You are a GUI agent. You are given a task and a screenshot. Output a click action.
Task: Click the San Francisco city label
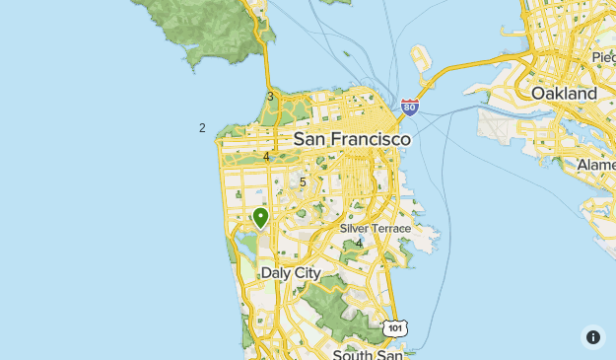[352, 140]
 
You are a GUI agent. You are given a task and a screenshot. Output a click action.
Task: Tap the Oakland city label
[564, 93]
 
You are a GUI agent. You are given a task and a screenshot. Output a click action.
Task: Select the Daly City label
[291, 272]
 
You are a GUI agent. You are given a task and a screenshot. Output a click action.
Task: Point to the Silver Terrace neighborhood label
[375, 228]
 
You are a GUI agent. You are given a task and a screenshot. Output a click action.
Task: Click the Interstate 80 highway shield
[410, 107]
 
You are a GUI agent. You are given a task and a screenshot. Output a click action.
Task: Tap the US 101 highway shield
[394, 327]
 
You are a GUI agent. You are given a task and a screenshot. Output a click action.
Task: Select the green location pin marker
[261, 217]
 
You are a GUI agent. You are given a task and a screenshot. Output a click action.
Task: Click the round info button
[592, 337]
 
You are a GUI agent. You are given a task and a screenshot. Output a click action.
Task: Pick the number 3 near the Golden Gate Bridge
[270, 96]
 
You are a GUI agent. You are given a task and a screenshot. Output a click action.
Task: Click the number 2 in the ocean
[202, 127]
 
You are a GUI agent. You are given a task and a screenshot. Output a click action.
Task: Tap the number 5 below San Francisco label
[303, 181]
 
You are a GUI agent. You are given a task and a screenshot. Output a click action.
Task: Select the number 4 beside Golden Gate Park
[267, 156]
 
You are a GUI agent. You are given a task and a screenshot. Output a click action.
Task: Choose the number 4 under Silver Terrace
[359, 243]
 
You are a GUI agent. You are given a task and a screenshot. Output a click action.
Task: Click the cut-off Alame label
[595, 164]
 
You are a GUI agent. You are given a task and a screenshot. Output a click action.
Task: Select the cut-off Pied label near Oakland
[602, 57]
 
